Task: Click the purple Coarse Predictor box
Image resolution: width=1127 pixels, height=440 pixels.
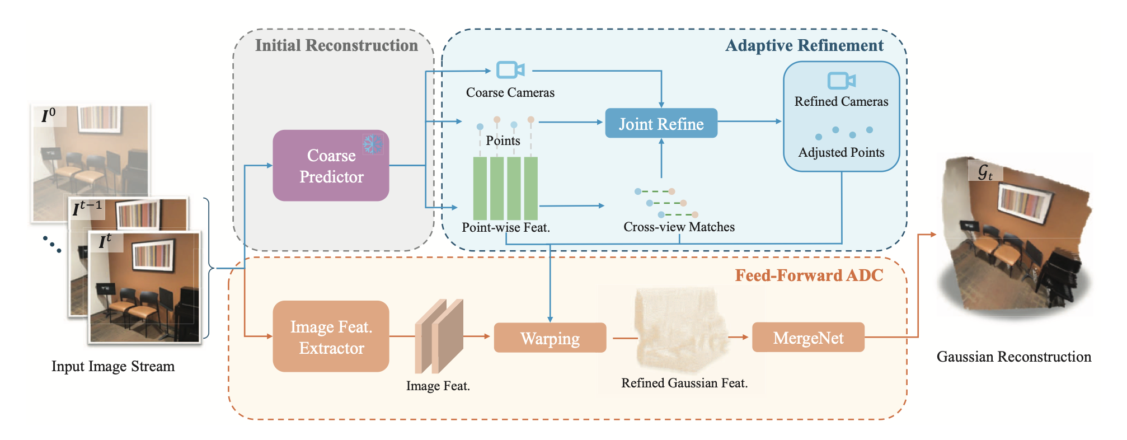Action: coord(331,166)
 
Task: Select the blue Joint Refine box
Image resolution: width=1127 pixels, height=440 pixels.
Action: coord(661,123)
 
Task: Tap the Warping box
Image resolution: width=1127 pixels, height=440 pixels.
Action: coord(550,338)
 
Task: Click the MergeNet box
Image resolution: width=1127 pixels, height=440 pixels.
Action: coord(807,337)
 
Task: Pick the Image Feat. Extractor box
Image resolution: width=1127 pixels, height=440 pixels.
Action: coord(331,336)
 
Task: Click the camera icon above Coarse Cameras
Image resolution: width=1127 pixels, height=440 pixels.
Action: coord(510,70)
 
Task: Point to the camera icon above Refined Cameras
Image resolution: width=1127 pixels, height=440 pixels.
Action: coord(841,81)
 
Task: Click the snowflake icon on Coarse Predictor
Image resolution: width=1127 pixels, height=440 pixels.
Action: coord(372,144)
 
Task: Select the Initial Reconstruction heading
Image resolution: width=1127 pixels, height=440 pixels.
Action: coord(336,45)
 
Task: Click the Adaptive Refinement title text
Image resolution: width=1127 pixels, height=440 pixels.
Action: coord(804,45)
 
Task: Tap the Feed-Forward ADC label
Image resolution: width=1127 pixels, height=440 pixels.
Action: coord(809,275)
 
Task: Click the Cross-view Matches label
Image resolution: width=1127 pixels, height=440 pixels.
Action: coord(679,227)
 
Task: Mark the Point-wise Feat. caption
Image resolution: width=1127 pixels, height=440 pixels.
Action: coord(505,227)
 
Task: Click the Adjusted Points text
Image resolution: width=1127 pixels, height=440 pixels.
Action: coord(841,152)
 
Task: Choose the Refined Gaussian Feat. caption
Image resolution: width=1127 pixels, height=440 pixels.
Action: coord(684,383)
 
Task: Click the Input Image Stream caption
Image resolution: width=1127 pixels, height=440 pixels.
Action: coord(113,366)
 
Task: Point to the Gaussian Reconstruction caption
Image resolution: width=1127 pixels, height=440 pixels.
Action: coord(1013,357)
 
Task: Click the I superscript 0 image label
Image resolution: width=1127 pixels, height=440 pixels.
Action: coord(49,115)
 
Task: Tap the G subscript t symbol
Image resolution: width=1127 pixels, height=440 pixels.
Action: coord(985,171)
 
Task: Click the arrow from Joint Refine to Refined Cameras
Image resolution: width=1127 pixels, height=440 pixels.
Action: coord(750,121)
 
